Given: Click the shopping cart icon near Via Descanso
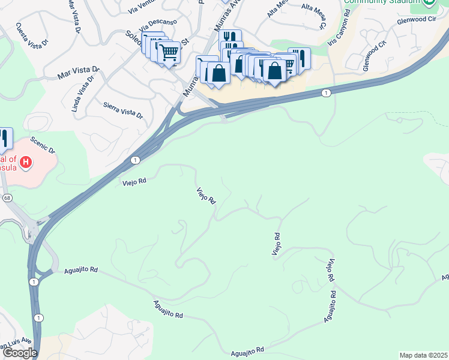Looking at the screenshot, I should [x=169, y=52].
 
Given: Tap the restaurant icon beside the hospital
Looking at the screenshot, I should [x=4, y=139].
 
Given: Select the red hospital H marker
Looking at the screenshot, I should [x=26, y=162].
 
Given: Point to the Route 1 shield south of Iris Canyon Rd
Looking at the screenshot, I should [x=325, y=92].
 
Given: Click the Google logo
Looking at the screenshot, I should [x=19, y=353].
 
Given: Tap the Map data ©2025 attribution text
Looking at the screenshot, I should [x=423, y=355].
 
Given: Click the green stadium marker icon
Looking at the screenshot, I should [x=429, y=2].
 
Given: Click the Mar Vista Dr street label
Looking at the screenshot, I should [x=75, y=75].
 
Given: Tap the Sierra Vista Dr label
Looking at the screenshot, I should [x=123, y=110].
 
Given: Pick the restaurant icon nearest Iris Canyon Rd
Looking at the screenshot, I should [x=299, y=58].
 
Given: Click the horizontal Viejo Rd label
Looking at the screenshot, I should [x=134, y=181].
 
